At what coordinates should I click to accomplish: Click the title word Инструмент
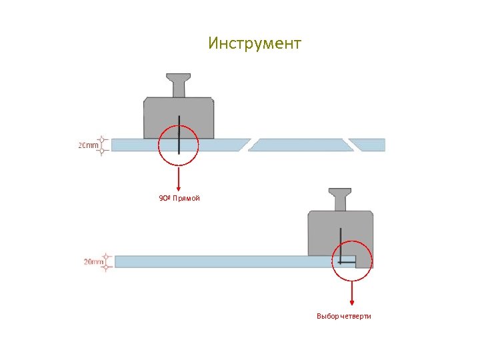coord(255,44)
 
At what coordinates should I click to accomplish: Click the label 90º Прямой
coord(179,199)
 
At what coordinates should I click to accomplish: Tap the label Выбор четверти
coord(343,315)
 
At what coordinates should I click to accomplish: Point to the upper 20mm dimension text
coord(89,145)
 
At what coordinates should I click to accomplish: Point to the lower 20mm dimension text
coord(93,262)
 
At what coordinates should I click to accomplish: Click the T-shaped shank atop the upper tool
coord(179,85)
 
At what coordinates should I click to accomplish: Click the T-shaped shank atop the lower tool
coord(340,199)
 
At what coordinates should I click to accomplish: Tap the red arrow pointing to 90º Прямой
coord(179,177)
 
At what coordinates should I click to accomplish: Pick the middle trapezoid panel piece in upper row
coord(300,145)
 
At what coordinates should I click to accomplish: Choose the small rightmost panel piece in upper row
coord(369,145)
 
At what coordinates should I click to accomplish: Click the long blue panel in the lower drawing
coord(220,261)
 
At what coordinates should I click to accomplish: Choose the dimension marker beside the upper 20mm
coord(102,145)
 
